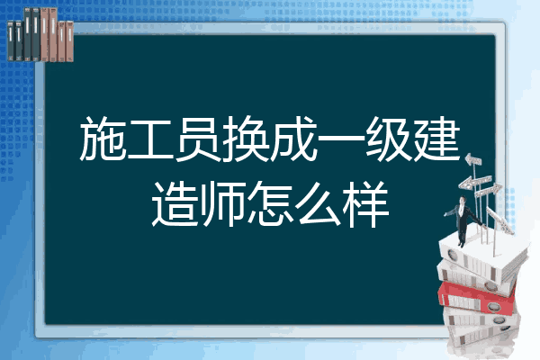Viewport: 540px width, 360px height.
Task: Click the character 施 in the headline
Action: pyautogui.click(x=103, y=139)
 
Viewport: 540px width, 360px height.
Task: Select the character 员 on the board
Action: pyautogui.click(x=198, y=139)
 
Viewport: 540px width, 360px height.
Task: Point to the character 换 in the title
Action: pyautogui.click(x=246, y=139)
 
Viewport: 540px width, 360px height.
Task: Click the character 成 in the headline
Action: pyautogui.click(x=293, y=139)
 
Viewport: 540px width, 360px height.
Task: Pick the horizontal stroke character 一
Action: pyautogui.click(x=341, y=139)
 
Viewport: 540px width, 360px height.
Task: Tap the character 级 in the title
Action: pyautogui.click(x=389, y=139)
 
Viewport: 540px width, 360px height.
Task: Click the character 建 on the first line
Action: pyautogui.click(x=436, y=139)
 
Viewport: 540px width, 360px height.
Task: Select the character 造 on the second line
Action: pyautogui.click(x=175, y=204)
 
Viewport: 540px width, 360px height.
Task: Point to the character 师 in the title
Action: pyautogui.click(x=222, y=204)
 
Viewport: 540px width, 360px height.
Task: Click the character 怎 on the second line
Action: pyautogui.click(x=270, y=204)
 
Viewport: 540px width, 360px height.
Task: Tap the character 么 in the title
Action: pyautogui.click(x=318, y=204)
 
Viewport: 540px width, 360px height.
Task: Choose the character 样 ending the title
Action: pyautogui.click(x=365, y=204)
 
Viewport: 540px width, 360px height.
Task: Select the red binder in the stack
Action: pyautogui.click(x=476, y=297)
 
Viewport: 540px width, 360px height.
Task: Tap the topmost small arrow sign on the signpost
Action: pyautogui.click(x=473, y=160)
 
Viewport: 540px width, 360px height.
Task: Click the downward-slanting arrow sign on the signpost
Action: pyautogui.click(x=500, y=220)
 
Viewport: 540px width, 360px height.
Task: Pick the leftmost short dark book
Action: pyautogui.click(x=11, y=41)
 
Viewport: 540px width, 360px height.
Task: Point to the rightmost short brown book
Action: pyautogui.click(x=69, y=41)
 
